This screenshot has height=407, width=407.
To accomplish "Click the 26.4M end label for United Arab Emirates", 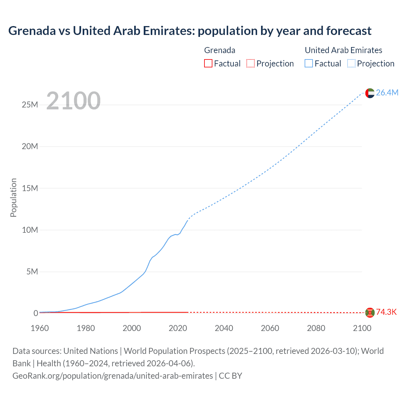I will coord(387,93).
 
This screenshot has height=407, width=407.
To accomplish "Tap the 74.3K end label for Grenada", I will coord(386,312).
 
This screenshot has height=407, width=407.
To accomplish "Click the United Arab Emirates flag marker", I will coord(370,93).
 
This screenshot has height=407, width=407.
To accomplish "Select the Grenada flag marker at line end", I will coord(370,313).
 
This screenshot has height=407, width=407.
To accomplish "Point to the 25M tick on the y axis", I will coord(30,105).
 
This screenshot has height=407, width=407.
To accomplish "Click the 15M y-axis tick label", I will coord(30,188).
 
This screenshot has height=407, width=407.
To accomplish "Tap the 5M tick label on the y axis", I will coord(32,272).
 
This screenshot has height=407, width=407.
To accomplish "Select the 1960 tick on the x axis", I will coord(40,328).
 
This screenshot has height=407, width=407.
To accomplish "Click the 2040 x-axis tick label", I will coord(224,328).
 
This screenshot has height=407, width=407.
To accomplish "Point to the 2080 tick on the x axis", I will coord(316,328).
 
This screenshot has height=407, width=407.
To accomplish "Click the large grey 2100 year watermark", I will coord(73,101).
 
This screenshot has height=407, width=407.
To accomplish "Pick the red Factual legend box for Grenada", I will coord(208,64).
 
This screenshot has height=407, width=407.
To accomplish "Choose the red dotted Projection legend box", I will coord(251,64).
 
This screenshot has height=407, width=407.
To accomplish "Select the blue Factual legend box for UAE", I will coord(309,64).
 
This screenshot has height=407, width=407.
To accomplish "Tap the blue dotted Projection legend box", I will coord(351,64).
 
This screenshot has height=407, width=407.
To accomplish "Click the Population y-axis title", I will coord(13,197).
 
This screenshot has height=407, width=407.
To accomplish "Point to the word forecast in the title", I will coord(349,31).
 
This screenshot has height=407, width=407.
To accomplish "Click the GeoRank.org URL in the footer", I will coord(113,376).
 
